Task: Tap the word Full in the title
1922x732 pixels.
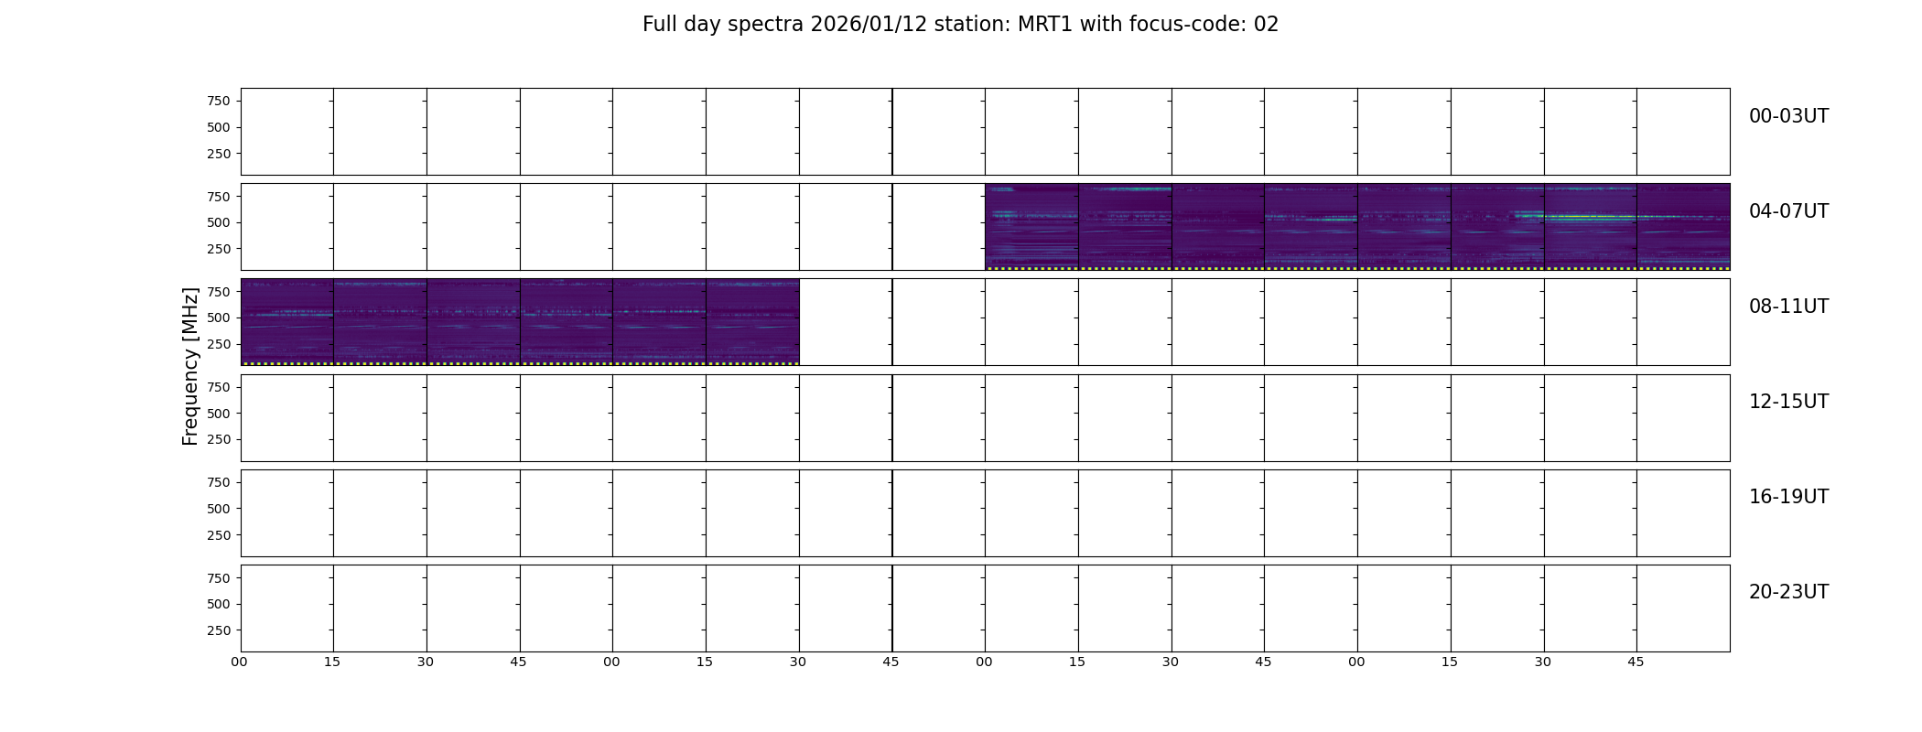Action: coord(659,25)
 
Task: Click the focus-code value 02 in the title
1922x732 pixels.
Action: coord(1266,25)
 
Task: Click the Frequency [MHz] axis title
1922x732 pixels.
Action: coord(190,366)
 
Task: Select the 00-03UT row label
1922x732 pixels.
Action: coord(1788,116)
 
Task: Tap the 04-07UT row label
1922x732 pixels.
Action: coord(1788,211)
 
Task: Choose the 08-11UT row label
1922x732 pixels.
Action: coord(1788,307)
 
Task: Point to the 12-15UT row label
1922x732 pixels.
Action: coord(1788,402)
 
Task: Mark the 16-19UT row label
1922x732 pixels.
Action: coord(1788,497)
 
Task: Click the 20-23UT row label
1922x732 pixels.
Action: coord(1788,592)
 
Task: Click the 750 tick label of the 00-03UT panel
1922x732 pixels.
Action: coord(219,101)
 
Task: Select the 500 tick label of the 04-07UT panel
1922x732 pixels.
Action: coord(219,222)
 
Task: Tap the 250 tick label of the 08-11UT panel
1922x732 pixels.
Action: coord(219,344)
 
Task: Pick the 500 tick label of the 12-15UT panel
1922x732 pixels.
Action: coord(219,414)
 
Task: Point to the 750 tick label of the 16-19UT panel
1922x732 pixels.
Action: coord(219,482)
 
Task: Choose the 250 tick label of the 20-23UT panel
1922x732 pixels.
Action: coord(219,630)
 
